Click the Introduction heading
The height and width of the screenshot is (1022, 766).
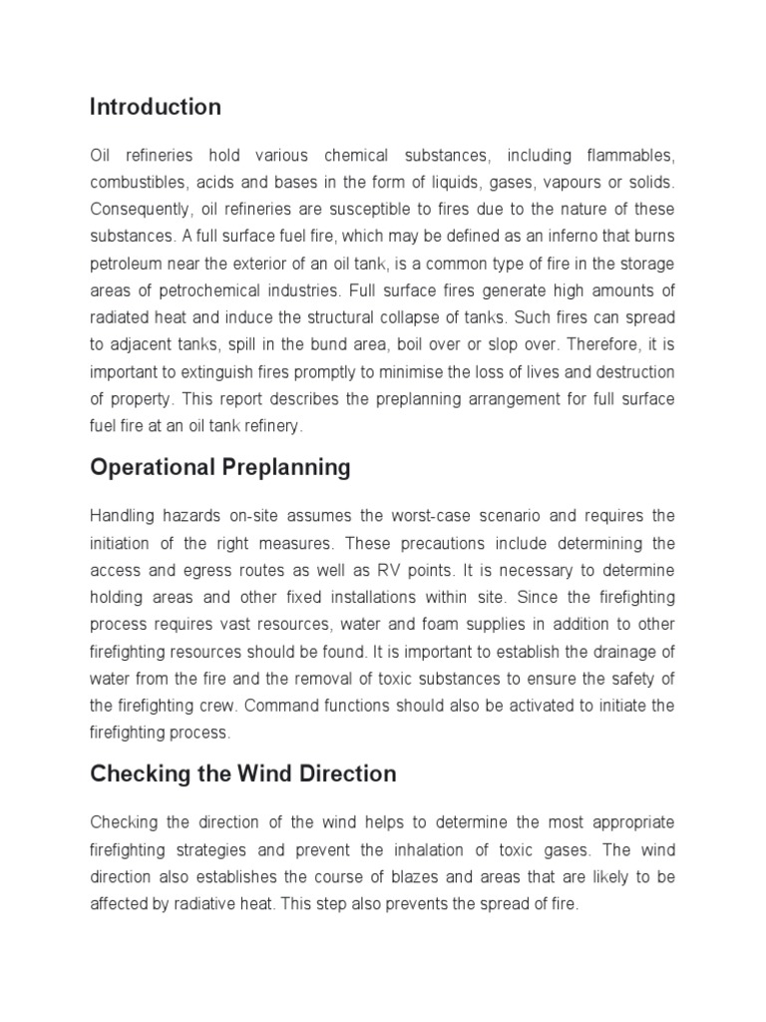point(156,107)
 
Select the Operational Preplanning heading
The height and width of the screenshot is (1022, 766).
point(220,468)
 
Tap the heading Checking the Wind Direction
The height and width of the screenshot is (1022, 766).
point(243,773)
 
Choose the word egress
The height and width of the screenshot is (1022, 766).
point(231,571)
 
